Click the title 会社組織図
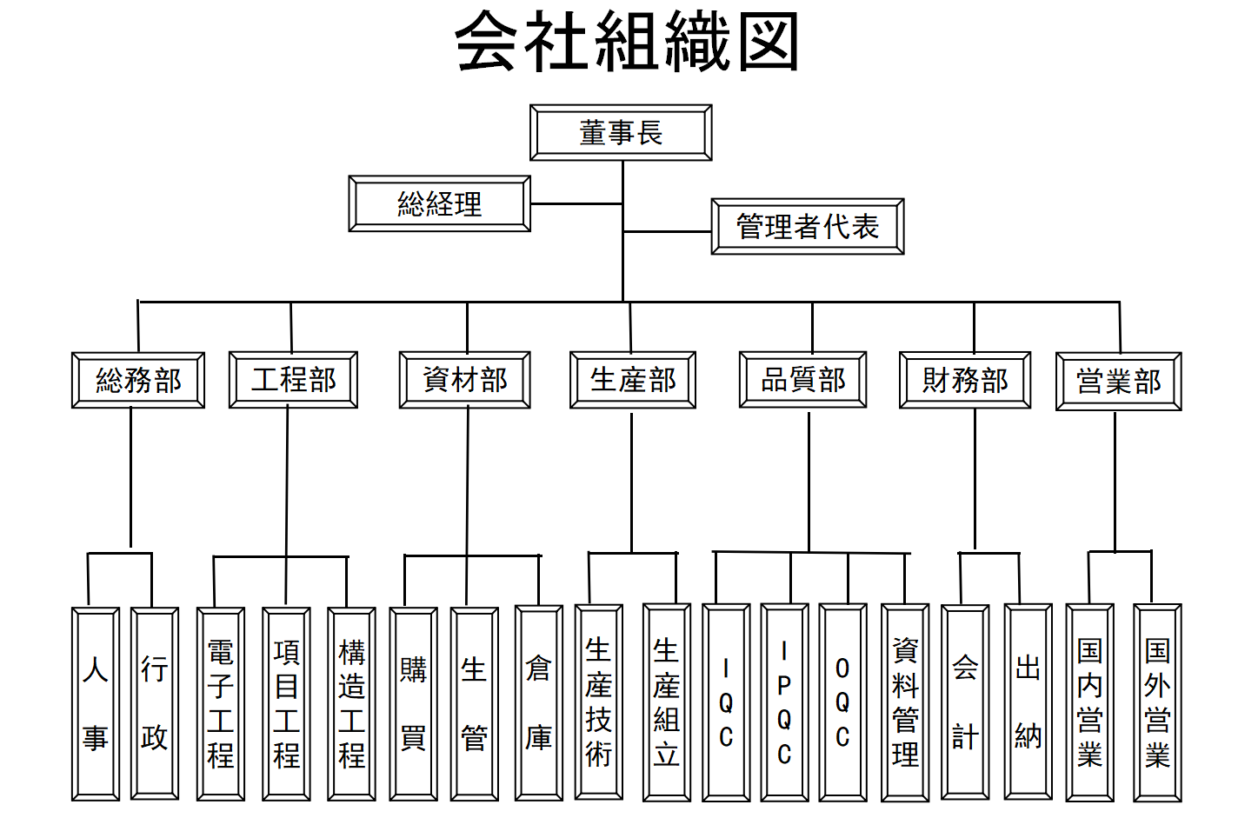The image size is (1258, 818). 627,43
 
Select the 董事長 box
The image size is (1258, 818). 621,133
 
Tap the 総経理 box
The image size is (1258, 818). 439,204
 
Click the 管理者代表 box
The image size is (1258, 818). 808,227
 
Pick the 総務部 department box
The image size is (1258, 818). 138,381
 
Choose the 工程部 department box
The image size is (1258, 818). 293,380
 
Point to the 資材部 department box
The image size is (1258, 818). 464,380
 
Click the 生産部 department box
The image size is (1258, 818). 632,380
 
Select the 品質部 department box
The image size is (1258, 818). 802,380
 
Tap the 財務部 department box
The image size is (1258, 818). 965,381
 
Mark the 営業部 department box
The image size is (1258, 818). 1118,382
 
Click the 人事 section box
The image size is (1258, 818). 96,703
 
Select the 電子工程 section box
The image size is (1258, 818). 221,703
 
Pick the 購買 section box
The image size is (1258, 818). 414,703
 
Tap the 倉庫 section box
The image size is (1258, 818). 539,703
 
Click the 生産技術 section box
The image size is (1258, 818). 598,702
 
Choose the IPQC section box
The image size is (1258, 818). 784,702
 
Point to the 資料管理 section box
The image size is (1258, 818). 905,702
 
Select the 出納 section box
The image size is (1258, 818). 1028,702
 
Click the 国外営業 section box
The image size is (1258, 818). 1157,702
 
